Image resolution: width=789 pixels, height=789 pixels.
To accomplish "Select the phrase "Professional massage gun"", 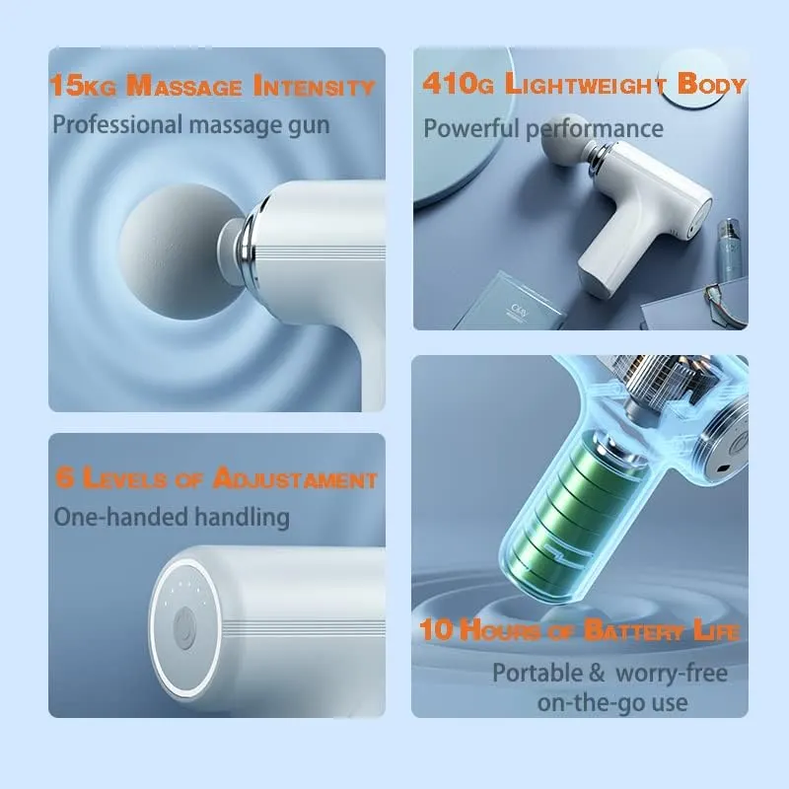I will [x=191, y=125].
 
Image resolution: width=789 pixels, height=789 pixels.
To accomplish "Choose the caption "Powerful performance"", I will [x=543, y=128].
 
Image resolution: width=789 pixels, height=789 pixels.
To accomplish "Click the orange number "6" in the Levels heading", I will [x=63, y=479].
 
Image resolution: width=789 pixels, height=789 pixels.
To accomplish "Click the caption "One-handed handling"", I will [x=172, y=516].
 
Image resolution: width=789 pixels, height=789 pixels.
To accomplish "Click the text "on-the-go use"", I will [x=612, y=702].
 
